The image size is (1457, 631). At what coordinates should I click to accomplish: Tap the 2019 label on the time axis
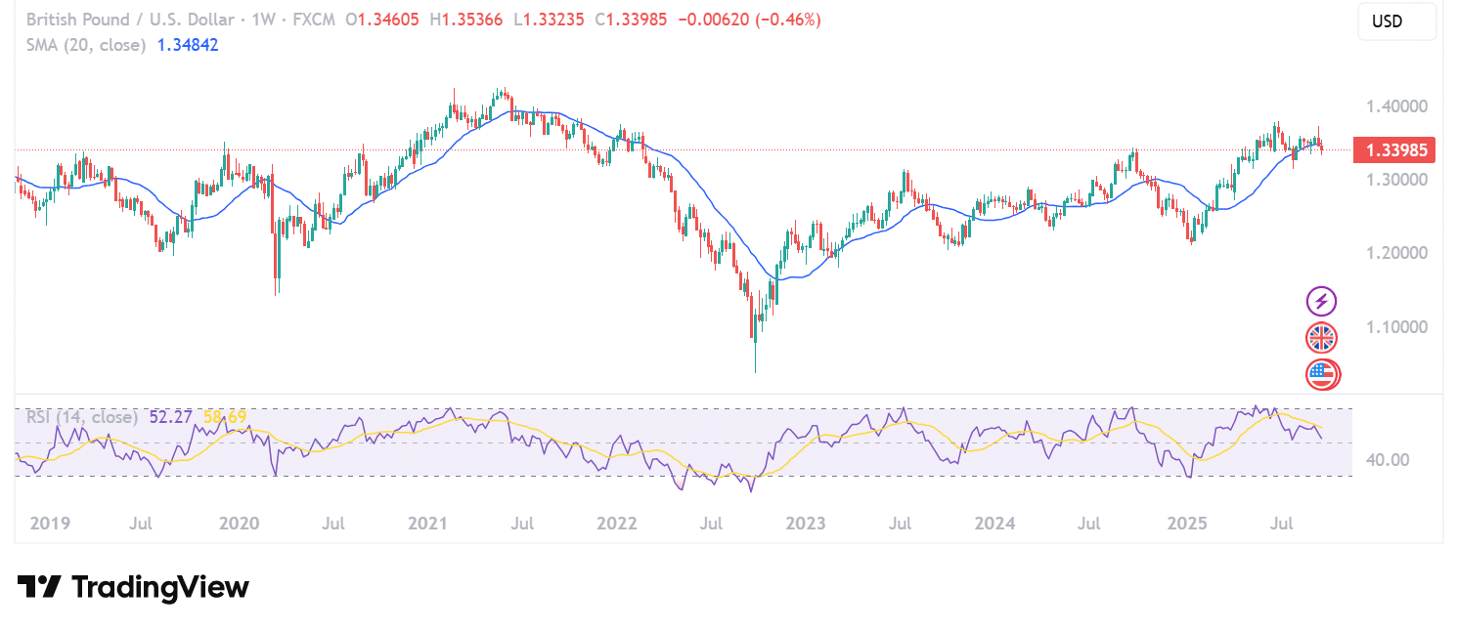point(50,524)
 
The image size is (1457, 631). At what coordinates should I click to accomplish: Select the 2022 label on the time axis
point(617,524)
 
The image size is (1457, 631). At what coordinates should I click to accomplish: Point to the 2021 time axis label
point(428,524)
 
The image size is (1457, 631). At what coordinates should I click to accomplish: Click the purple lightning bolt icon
point(1322,301)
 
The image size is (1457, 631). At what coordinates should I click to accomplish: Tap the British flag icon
point(1322,338)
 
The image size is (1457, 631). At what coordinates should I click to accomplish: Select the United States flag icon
point(1322,373)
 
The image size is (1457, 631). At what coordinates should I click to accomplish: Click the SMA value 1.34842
point(188,45)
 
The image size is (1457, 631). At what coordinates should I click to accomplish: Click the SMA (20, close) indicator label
point(86,45)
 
